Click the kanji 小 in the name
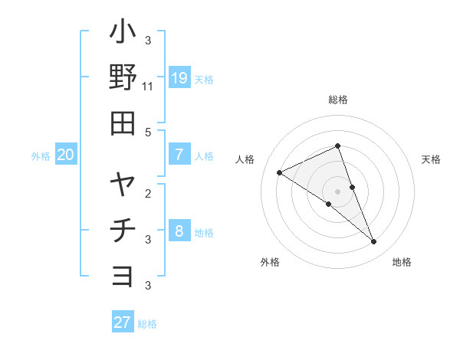tap(123, 34)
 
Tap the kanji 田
tap(123, 122)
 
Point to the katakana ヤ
tap(123, 186)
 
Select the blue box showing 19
tap(179, 78)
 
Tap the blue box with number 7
tap(179, 155)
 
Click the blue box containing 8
tap(179, 231)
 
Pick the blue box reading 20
tap(65, 155)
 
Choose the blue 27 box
tap(123, 322)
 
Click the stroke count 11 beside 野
tap(148, 87)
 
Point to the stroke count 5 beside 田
tap(148, 131)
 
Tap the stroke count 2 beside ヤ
tap(148, 193)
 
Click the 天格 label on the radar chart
tap(431, 159)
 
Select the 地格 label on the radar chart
tap(402, 262)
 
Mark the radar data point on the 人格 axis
tap(279, 172)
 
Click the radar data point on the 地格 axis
tap(373, 241)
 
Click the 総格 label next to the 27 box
tap(147, 323)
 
